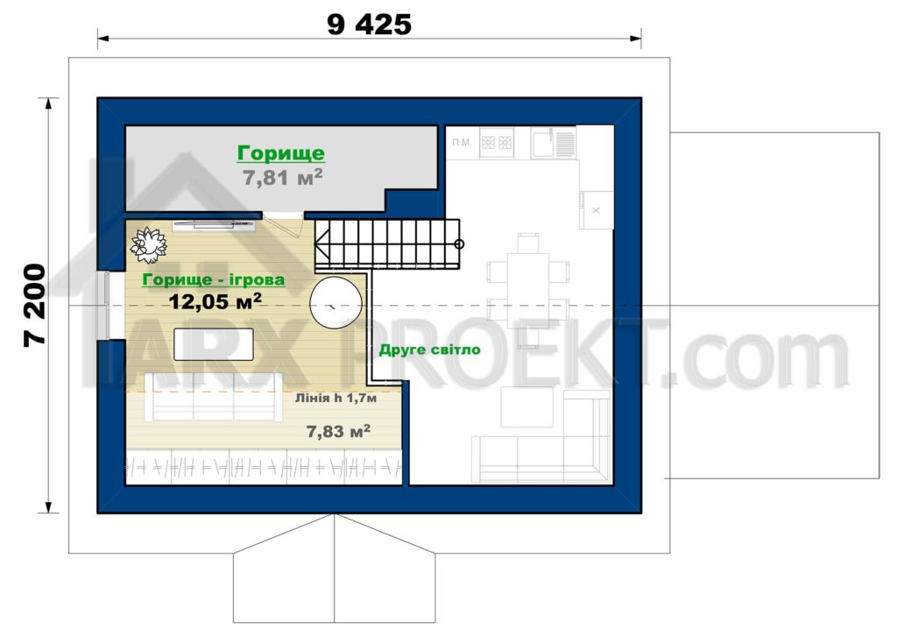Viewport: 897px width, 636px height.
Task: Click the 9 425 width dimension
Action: point(369,25)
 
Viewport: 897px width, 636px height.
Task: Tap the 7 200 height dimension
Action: point(35,305)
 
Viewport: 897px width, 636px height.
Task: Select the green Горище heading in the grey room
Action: point(281,153)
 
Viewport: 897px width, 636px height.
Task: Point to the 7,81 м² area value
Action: point(283,177)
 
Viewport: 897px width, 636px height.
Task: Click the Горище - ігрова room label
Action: point(214,279)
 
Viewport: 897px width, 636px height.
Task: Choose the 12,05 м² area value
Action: point(215,300)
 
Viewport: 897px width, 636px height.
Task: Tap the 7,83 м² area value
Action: point(338,431)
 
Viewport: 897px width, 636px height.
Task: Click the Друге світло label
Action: point(429,350)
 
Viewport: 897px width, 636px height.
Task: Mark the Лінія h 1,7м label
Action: point(335,398)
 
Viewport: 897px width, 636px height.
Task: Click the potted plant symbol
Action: point(149,244)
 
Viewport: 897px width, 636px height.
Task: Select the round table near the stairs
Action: point(335,302)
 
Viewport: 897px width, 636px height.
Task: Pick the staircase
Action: point(387,244)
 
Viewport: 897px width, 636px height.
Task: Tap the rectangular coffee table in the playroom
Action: point(214,343)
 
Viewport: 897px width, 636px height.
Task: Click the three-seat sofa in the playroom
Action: point(214,397)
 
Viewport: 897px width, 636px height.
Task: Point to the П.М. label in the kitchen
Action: point(462,142)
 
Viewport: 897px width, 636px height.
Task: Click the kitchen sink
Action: point(554,142)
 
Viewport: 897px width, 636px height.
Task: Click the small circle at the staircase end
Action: point(459,244)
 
